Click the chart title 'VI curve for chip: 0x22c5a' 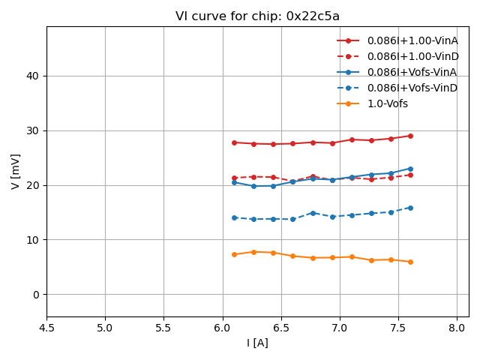click(257, 16)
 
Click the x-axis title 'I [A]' click(257, 343)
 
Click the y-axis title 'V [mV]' click(16, 171)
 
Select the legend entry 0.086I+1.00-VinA click(412, 40)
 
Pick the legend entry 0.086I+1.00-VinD click(412, 56)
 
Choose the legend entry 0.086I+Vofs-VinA click(412, 72)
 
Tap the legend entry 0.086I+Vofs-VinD click(412, 88)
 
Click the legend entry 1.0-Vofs click(387, 103)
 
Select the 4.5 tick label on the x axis click(46, 328)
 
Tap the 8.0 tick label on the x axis click(457, 328)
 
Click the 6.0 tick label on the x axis click(223, 328)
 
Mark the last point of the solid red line click(410, 136)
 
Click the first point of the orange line click(234, 254)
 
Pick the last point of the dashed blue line click(410, 208)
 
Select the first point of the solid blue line click(234, 182)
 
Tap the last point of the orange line click(410, 262)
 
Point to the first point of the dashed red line click(234, 178)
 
